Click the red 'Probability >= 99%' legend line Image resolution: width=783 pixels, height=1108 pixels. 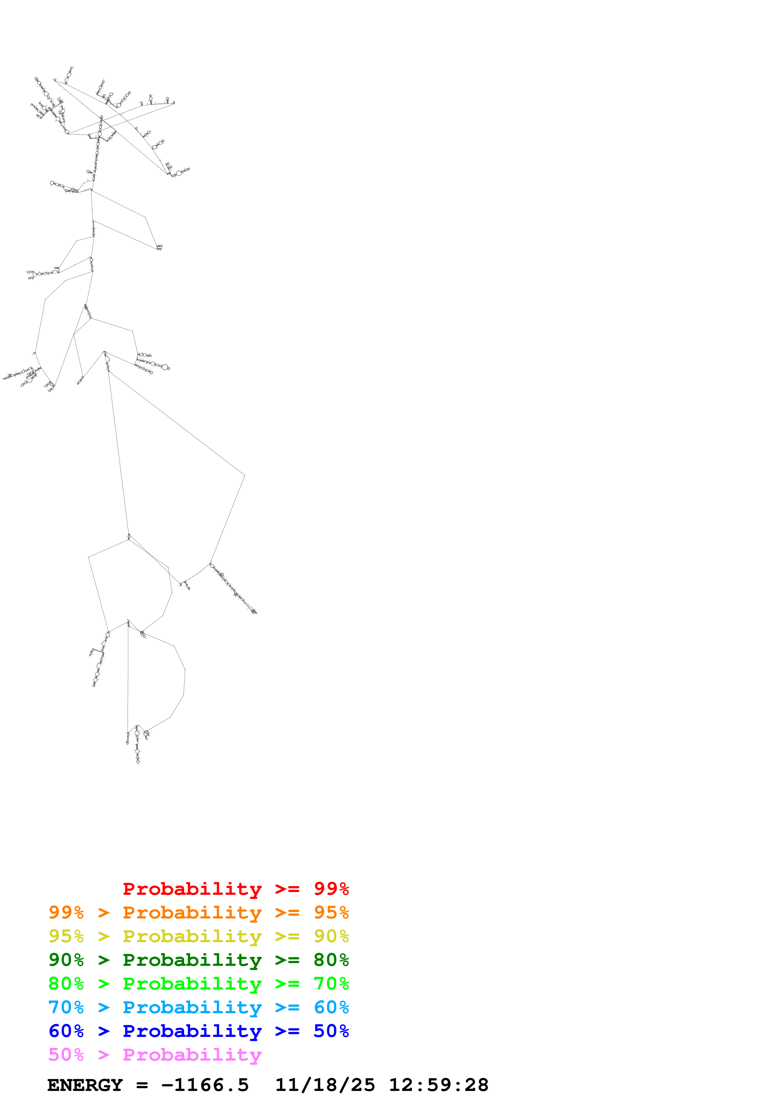[x=235, y=889]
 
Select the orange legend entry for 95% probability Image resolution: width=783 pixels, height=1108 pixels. [x=198, y=912]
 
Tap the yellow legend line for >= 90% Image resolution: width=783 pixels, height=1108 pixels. [x=198, y=936]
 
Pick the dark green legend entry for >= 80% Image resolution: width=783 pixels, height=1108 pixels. [x=198, y=960]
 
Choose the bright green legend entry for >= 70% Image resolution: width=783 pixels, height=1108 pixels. [x=198, y=984]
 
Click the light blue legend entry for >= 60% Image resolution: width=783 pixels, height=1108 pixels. [x=198, y=1007]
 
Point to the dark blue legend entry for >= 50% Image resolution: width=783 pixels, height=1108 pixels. [x=198, y=1031]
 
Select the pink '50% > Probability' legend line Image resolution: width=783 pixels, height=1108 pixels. [x=155, y=1054]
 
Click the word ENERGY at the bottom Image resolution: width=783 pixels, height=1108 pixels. [x=85, y=1085]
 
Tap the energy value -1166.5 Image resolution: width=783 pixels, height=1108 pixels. [x=205, y=1085]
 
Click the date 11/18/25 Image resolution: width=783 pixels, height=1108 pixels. [x=325, y=1085]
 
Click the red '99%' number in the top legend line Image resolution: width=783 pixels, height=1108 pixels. [x=331, y=889]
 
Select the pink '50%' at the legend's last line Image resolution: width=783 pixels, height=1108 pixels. [x=66, y=1054]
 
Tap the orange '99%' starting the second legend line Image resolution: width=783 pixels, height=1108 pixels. [x=66, y=912]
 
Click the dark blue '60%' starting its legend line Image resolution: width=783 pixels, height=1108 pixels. [x=66, y=1031]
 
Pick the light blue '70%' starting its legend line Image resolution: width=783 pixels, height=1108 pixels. [x=66, y=1007]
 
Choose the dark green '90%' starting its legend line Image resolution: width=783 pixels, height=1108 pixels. [x=66, y=960]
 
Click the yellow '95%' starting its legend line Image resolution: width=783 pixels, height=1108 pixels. [x=66, y=936]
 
